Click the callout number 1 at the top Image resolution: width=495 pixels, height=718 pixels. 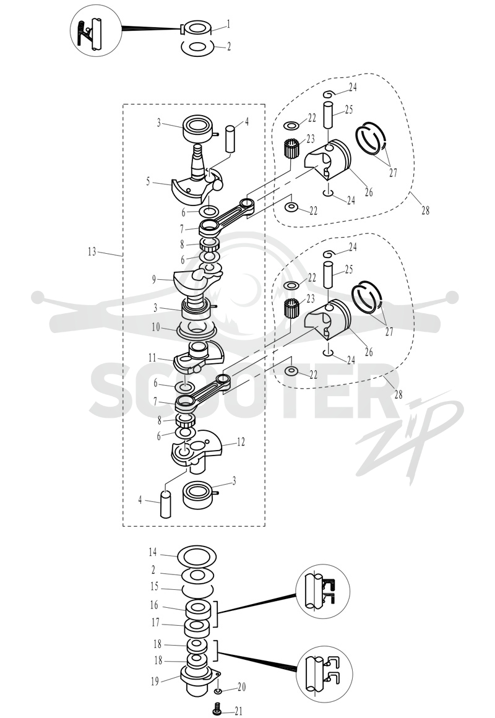tap(228, 24)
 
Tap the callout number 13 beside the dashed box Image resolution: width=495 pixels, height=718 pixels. tap(92, 251)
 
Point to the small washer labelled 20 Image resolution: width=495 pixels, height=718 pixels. tap(218, 690)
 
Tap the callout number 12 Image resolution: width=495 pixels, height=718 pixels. tap(241, 442)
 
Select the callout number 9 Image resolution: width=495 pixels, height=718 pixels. tap(154, 279)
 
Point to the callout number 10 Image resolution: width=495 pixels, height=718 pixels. tap(156, 328)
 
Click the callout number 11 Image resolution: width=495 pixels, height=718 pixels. tap(152, 358)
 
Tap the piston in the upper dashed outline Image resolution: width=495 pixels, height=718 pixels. tap(328, 161)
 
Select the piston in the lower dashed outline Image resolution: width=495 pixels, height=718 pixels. tap(328, 321)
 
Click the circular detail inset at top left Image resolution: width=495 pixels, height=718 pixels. tap(96, 30)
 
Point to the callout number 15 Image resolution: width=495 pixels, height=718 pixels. tap(154, 587)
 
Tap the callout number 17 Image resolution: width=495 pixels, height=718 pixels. tap(156, 623)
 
